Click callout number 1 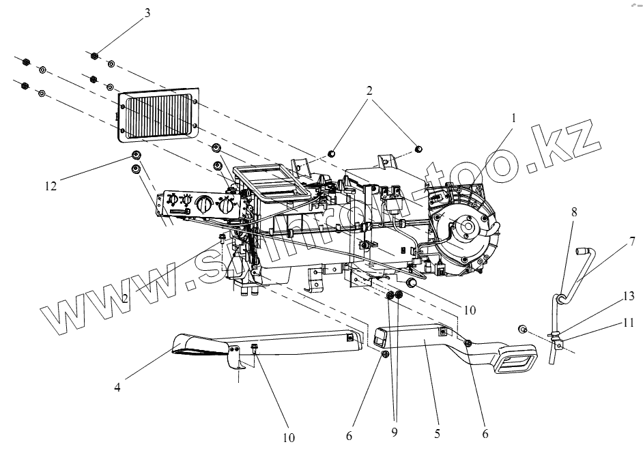(513, 117)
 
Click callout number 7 (632, 242)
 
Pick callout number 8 (573, 212)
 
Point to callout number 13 (628, 295)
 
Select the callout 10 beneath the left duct (288, 437)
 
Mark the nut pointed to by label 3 (96, 55)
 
